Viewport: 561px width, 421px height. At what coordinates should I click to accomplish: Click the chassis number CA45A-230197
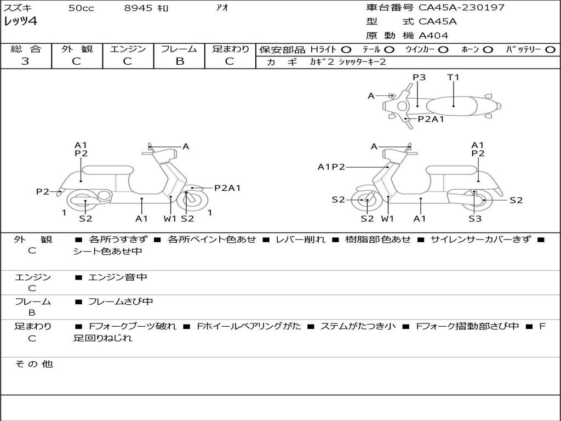[x=461, y=8]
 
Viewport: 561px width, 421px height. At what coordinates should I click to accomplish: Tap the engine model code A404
[x=433, y=36]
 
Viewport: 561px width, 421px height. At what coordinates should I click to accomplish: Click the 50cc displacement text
[x=81, y=8]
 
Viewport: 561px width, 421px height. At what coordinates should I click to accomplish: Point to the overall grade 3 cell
[x=25, y=61]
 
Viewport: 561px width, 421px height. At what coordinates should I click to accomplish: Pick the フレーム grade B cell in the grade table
[x=179, y=61]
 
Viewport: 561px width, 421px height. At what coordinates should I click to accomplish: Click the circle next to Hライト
[x=346, y=49]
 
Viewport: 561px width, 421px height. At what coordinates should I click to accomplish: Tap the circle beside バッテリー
[x=550, y=49]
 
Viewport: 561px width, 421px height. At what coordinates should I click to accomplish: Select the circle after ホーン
[x=488, y=49]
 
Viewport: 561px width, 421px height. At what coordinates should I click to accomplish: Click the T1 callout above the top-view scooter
[x=453, y=77]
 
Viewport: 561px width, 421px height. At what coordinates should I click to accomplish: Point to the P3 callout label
[x=419, y=77]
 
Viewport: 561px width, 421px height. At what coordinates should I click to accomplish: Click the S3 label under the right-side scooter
[x=474, y=219]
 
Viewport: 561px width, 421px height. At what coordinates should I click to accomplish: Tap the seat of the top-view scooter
[x=454, y=105]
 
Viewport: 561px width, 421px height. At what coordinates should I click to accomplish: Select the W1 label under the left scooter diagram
[x=170, y=219]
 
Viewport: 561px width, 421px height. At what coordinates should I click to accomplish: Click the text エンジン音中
[x=118, y=277]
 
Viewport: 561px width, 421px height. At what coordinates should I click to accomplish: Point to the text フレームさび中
[x=121, y=301]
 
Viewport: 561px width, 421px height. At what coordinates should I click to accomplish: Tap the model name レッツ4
[x=21, y=22]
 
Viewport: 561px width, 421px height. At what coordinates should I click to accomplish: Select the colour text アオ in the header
[x=222, y=8]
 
